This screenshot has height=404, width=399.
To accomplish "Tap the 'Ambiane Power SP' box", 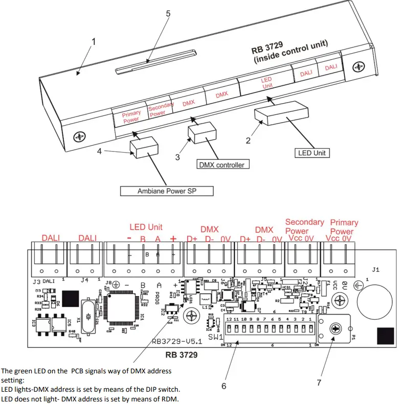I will [167, 191].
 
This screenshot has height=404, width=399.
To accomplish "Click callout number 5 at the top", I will [168, 14].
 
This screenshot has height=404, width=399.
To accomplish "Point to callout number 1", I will [93, 42].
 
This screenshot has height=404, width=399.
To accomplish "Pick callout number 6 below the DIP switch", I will [224, 386].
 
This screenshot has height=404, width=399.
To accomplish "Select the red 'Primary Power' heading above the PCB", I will [344, 227].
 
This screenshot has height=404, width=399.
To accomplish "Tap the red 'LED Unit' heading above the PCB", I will [146, 227].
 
